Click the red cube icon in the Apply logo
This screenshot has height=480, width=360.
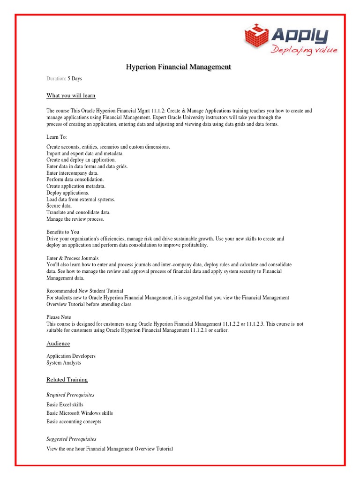pyautogui.click(x=256, y=37)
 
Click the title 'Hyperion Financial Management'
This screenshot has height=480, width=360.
pyautogui.click(x=178, y=67)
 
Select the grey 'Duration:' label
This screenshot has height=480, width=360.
pyautogui.click(x=56, y=79)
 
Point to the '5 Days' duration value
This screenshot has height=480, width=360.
pyautogui.click(x=75, y=79)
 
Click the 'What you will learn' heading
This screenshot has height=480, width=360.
pyautogui.click(x=71, y=96)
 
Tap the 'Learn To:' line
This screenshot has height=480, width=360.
pyautogui.click(x=57, y=137)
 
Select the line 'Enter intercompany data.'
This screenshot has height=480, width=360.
pyautogui.click(x=72, y=173)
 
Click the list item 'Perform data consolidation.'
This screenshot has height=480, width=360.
pyautogui.click(x=75, y=180)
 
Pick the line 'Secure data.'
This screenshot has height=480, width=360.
pyautogui.click(x=59, y=206)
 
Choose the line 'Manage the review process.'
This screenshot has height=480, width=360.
pyautogui.click(x=75, y=219)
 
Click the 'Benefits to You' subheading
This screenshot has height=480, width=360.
pyautogui.click(x=63, y=232)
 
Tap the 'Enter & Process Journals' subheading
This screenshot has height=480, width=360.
pyautogui.click(x=73, y=258)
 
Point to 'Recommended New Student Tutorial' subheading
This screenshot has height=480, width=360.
pyautogui.click(x=85, y=291)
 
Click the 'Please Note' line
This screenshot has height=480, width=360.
pyautogui.click(x=59, y=317)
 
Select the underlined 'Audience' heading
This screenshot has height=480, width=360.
pyautogui.click(x=58, y=344)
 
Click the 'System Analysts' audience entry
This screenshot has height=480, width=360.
pyautogui.click(x=64, y=363)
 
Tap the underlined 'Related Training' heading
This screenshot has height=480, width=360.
pyautogui.click(x=67, y=380)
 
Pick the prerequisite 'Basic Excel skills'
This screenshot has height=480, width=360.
pyautogui.click(x=65, y=405)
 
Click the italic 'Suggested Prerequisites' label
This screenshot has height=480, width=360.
pyautogui.click(x=71, y=439)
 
